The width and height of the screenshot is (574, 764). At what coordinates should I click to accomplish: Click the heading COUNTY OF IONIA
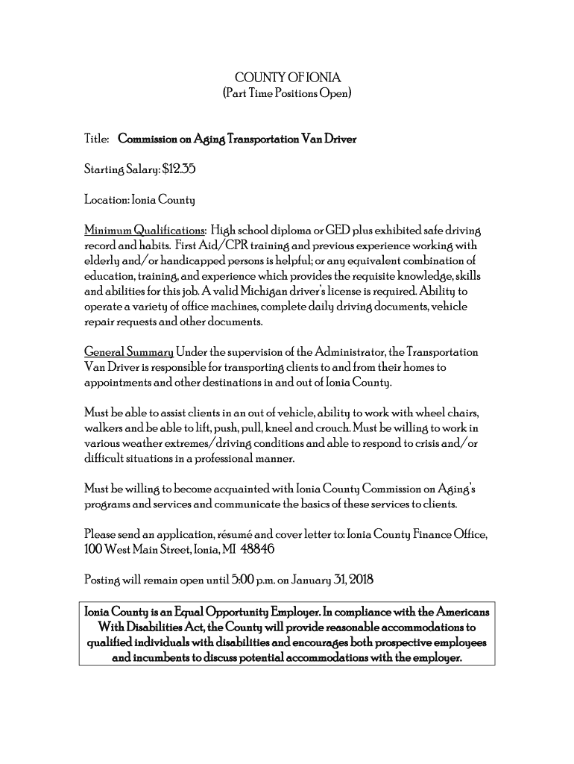point(287,78)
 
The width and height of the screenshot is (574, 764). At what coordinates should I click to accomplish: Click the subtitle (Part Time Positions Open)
point(287,94)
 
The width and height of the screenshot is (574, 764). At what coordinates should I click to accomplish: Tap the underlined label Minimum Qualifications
point(145,228)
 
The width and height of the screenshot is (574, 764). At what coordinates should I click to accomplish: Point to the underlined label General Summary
point(129,351)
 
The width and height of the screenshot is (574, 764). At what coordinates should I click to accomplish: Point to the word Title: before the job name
point(98,139)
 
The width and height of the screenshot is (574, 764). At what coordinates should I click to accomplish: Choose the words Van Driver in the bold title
point(329,139)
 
